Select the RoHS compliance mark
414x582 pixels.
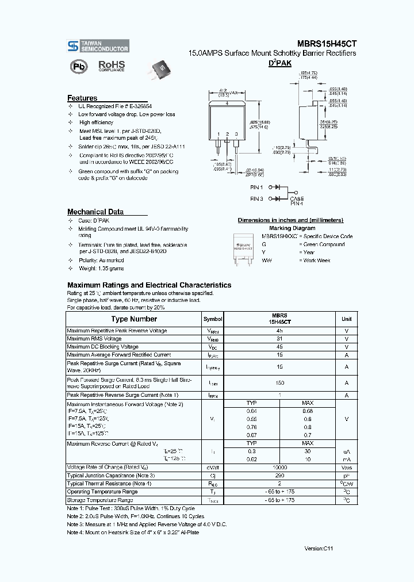click(x=110, y=66)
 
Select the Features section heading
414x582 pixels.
click(x=82, y=98)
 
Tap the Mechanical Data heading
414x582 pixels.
click(x=95, y=212)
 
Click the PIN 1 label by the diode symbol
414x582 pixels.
click(x=256, y=187)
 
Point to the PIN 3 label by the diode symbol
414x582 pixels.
click(x=256, y=199)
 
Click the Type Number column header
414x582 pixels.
click(x=134, y=319)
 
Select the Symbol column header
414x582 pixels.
click(x=213, y=319)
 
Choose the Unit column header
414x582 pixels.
click(x=346, y=319)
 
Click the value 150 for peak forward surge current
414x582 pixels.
click(x=279, y=383)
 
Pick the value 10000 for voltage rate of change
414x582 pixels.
click(x=279, y=468)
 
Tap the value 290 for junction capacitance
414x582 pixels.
click(x=279, y=476)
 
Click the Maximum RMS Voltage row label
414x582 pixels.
click(x=94, y=339)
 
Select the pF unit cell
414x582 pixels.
click(x=346, y=476)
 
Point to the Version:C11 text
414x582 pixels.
click(x=319, y=549)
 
